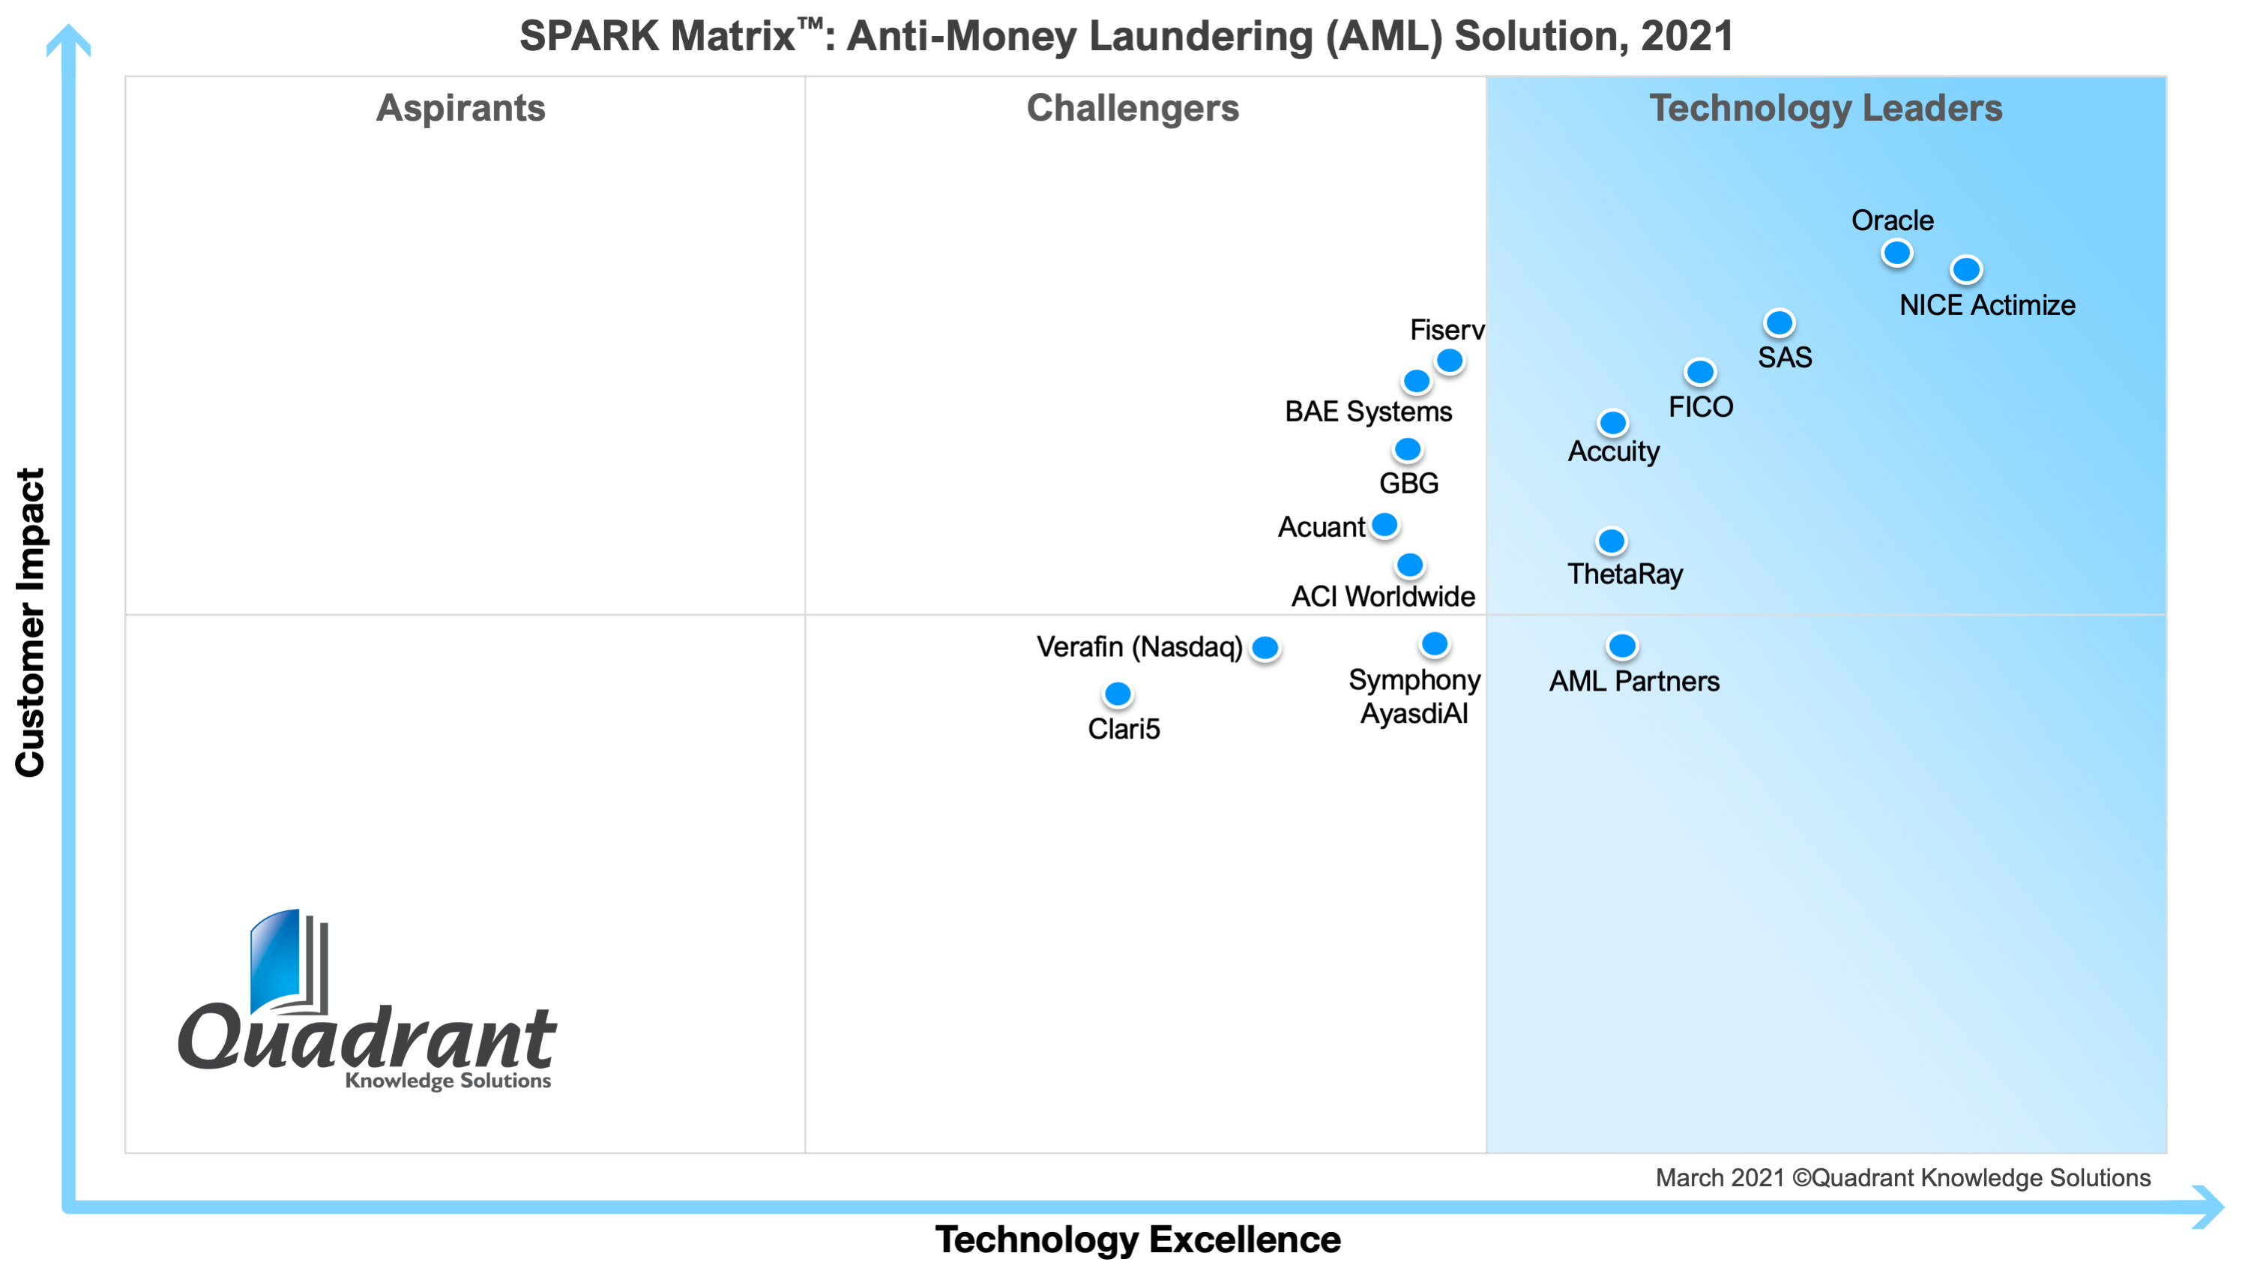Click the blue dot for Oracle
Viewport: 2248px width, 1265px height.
[x=1896, y=253]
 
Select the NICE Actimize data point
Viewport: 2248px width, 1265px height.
[x=1965, y=269]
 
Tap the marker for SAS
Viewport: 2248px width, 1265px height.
[x=1779, y=323]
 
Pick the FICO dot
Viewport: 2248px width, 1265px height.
[x=1699, y=372]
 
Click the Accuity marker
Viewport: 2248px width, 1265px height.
[x=1612, y=422]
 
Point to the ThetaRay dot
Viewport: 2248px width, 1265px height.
[x=1610, y=541]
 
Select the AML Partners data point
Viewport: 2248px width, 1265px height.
[x=1621, y=646]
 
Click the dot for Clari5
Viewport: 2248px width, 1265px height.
[x=1117, y=694]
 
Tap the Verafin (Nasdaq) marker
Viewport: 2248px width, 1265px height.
[x=1265, y=648]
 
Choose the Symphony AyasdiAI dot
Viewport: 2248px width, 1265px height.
[x=1434, y=644]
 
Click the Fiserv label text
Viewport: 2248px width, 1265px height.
[x=1446, y=330]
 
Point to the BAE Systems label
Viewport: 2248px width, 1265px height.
[x=1367, y=411]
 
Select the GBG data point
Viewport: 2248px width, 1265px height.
[x=1407, y=450]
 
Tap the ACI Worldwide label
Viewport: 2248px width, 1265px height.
[x=1382, y=596]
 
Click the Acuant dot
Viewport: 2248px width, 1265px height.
[x=1384, y=525]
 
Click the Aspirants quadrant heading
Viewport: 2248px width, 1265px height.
[x=461, y=108]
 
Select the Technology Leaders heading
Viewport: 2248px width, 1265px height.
[x=1824, y=108]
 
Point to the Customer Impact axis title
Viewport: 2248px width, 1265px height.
[x=31, y=622]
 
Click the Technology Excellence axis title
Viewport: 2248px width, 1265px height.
[x=1137, y=1239]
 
